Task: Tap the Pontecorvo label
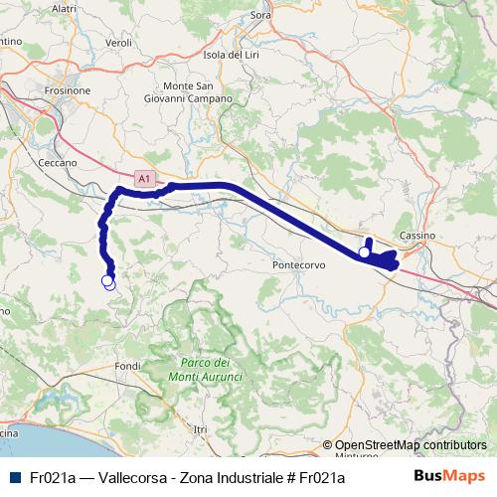[297, 267]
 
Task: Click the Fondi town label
[128, 366]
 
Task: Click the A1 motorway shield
[145, 179]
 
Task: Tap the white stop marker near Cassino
[365, 253]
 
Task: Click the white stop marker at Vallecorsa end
[108, 282]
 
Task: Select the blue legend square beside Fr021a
[14, 477]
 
